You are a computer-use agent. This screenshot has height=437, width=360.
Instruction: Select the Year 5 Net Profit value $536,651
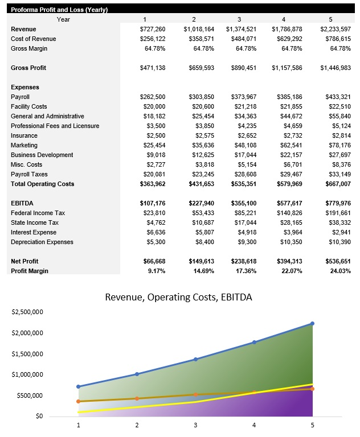pyautogui.click(x=336, y=261)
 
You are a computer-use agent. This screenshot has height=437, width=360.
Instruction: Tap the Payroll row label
pyautogui.click(x=21, y=97)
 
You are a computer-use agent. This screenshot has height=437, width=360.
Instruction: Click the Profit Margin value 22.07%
pyautogui.click(x=292, y=271)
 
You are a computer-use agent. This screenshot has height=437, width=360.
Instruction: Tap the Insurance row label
pyautogui.click(x=24, y=135)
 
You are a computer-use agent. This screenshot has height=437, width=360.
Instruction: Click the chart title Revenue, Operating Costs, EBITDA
pyautogui.click(x=178, y=297)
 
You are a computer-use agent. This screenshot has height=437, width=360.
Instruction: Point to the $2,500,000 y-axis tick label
pyautogui.click(x=27, y=312)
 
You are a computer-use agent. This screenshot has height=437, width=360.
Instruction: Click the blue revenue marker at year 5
pyautogui.click(x=312, y=324)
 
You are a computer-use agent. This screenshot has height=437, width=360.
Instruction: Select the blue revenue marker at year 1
pyautogui.click(x=79, y=386)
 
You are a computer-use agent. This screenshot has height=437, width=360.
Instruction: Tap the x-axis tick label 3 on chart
pyautogui.click(x=195, y=424)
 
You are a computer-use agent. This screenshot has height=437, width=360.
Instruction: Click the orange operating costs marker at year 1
pyautogui.click(x=79, y=401)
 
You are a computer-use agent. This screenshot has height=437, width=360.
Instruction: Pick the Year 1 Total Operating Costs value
pyautogui.click(x=152, y=184)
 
